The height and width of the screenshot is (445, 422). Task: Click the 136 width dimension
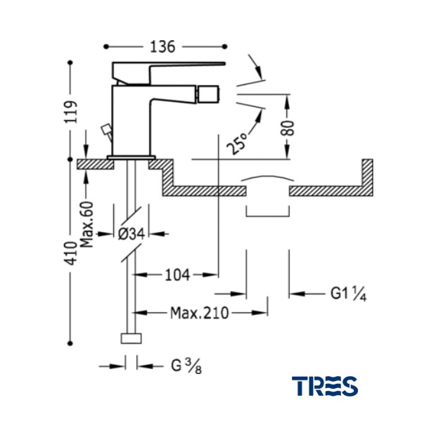(x=162, y=47)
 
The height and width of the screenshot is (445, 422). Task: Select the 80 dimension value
(x=288, y=128)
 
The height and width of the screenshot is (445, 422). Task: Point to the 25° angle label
(x=237, y=144)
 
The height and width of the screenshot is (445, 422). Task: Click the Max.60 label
(x=87, y=224)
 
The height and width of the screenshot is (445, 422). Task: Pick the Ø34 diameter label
(x=132, y=234)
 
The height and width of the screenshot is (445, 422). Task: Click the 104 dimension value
(x=177, y=275)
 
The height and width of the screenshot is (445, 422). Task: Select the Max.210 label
(x=199, y=313)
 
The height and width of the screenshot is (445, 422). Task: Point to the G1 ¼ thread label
(x=348, y=293)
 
